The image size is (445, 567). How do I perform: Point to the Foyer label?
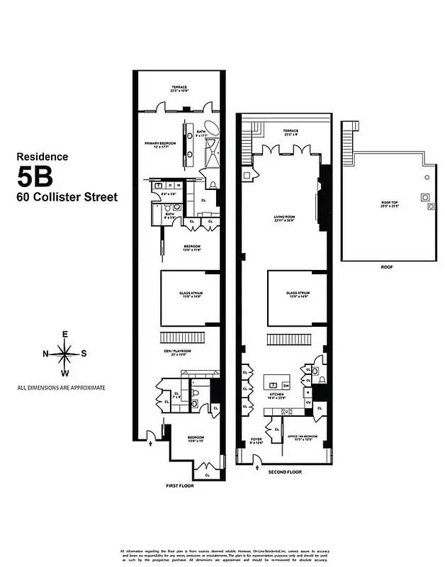pos(257,442)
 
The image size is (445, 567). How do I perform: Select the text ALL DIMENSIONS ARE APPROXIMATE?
pos(62,388)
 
